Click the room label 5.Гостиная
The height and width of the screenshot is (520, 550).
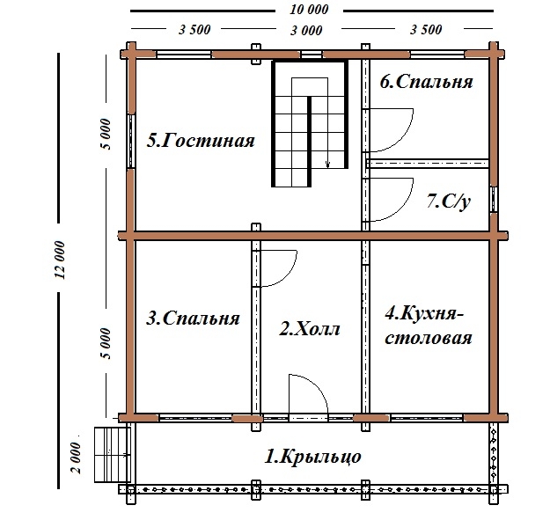(202, 141)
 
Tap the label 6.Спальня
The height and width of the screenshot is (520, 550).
(427, 83)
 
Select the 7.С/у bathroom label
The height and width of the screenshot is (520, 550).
(449, 201)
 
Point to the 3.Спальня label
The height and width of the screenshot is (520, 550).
(193, 319)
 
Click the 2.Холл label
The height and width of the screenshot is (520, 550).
(310, 330)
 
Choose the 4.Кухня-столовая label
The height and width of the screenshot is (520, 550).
(429, 325)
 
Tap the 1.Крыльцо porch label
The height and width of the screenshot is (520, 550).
(313, 457)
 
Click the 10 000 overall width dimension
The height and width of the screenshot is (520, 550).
(307, 10)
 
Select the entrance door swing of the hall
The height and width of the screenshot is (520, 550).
(309, 392)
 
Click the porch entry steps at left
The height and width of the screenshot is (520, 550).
(108, 454)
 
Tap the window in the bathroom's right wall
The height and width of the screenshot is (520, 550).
(493, 199)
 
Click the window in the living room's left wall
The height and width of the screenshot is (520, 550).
(130, 139)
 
